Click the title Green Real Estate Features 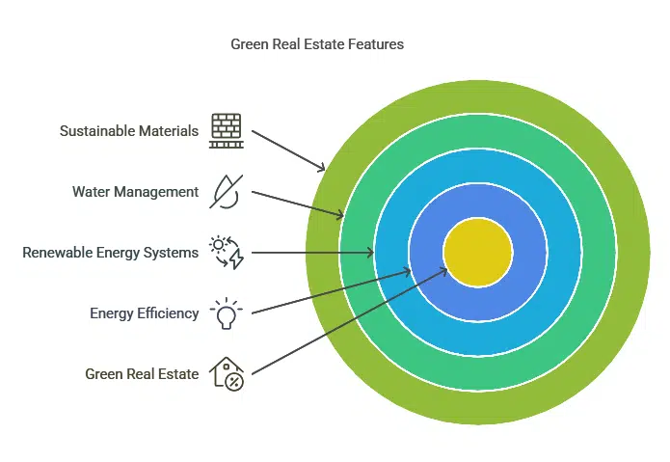coord(317,44)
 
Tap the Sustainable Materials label coord(129,131)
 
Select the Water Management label coord(136,192)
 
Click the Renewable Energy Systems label coord(110,253)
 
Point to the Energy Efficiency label coord(145,313)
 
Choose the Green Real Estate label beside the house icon coord(142,374)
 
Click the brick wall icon coord(227,131)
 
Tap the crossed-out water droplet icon coord(227,192)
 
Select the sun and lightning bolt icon coord(227,253)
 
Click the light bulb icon coord(227,313)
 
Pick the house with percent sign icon coord(227,374)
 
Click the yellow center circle coord(478,253)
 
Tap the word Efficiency coord(168,313)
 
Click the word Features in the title coord(376,44)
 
